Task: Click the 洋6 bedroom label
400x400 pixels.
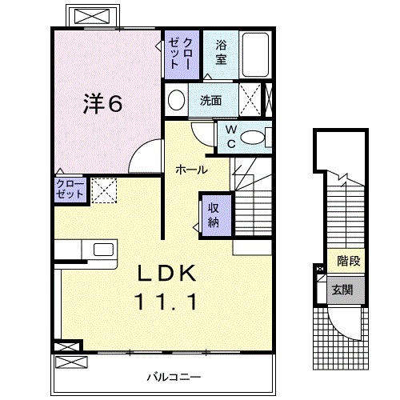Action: point(104,104)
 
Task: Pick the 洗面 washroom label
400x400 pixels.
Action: point(211,101)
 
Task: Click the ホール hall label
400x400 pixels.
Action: point(192,170)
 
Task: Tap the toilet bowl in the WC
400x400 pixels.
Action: point(255,137)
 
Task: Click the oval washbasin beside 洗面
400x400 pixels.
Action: point(177,101)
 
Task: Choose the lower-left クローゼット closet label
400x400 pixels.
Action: point(69,190)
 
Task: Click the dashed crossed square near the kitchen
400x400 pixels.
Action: point(103,190)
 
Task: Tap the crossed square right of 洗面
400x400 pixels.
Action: point(250,101)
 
